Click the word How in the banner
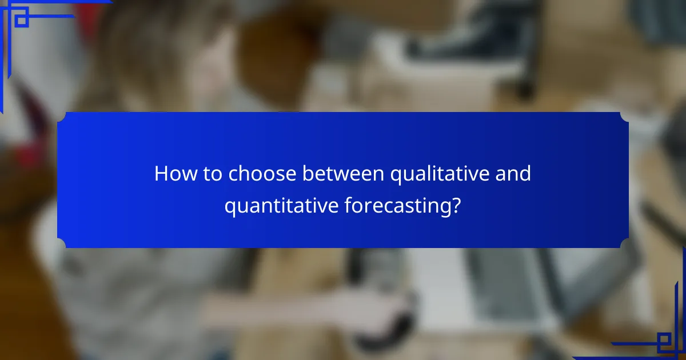pyautogui.click(x=172, y=174)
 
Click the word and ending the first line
pyautogui.click(x=514, y=174)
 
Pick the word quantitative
pyautogui.click(x=281, y=206)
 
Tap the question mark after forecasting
pyautogui.click(x=456, y=206)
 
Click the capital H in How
pyautogui.click(x=160, y=174)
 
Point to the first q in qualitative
pyautogui.click(x=395, y=176)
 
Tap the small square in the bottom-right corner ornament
pyautogui.click(x=664, y=341)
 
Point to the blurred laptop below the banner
pyautogui.click(x=503, y=291)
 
